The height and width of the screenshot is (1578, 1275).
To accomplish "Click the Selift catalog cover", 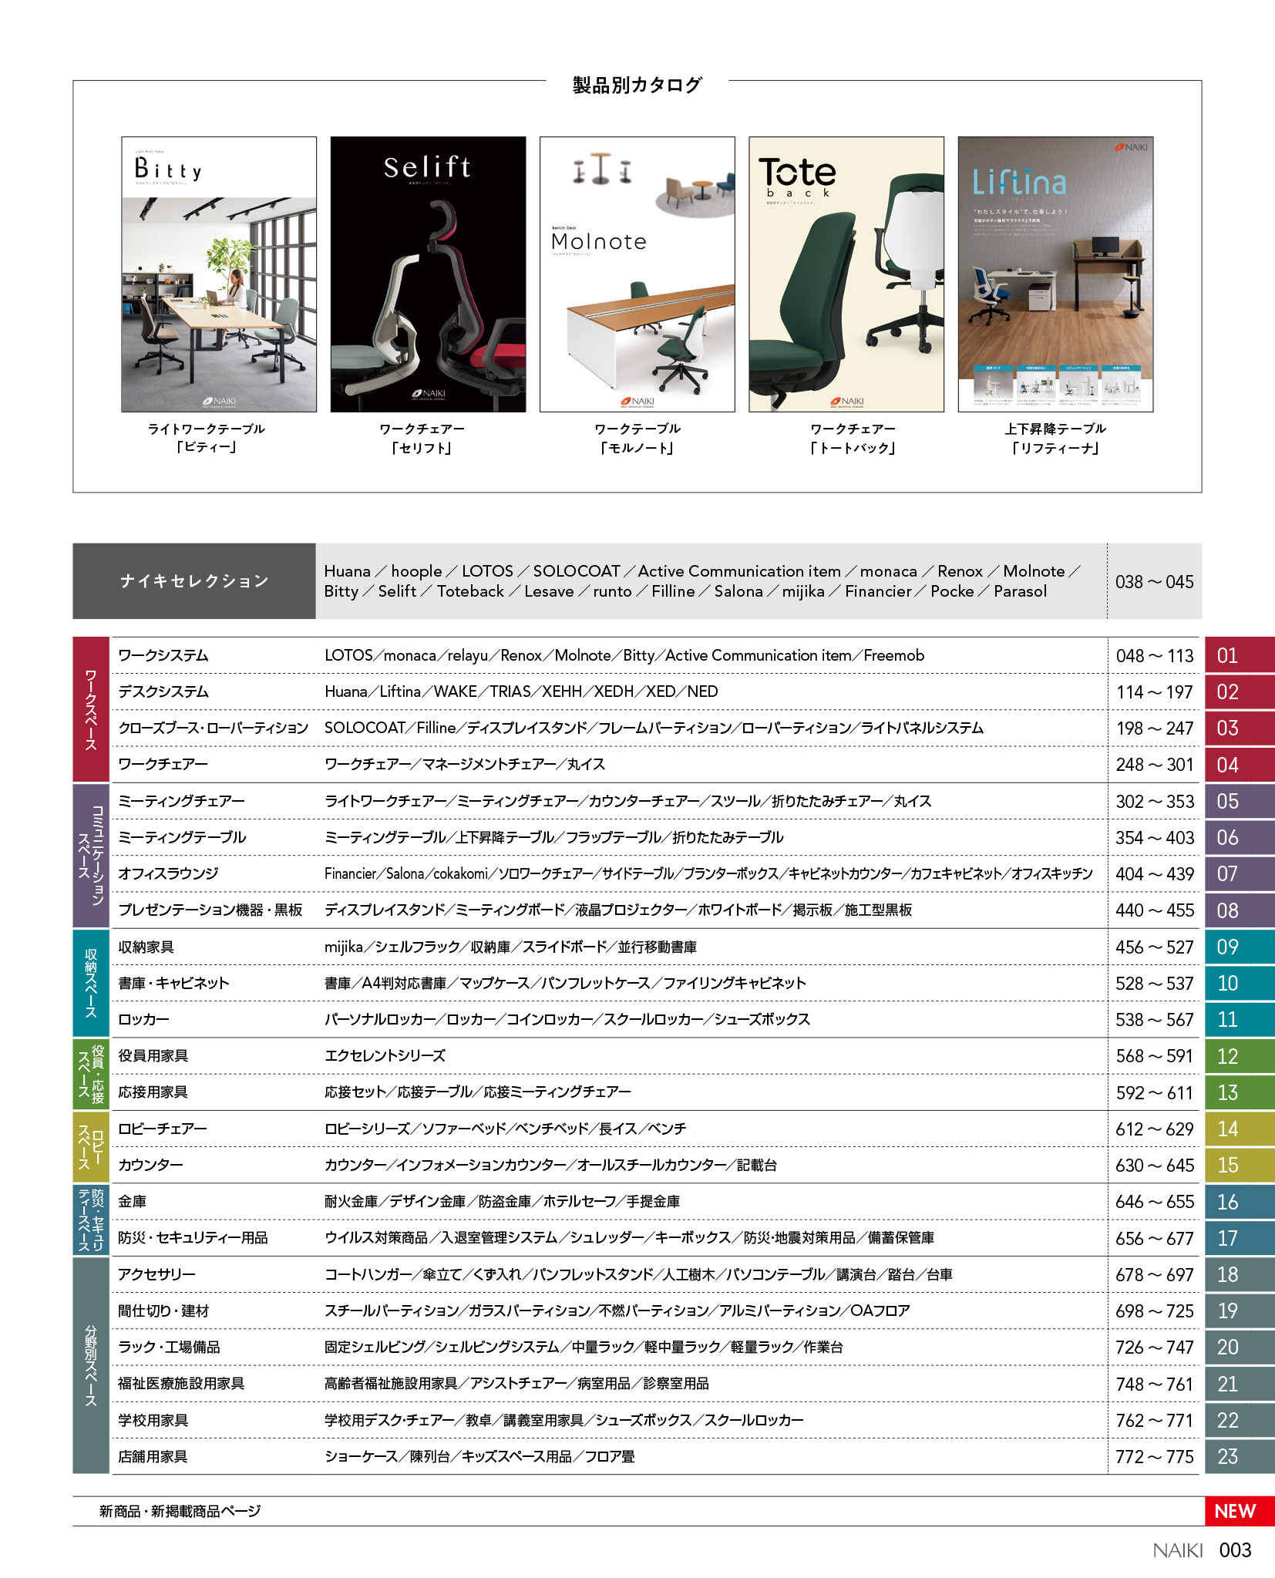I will (428, 274).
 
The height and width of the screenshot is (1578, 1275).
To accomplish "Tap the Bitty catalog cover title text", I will (168, 168).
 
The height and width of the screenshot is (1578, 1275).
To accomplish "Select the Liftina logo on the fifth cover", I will (1019, 183).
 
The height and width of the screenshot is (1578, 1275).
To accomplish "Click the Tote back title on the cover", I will (797, 176).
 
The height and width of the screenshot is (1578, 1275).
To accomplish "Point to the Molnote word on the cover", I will (599, 242).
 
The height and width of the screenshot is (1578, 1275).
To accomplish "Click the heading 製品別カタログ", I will (637, 85).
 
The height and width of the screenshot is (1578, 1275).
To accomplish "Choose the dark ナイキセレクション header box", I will (193, 580).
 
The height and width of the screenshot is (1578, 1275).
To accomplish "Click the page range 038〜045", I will (1154, 582).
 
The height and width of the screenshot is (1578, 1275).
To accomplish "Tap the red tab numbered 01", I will (1238, 655).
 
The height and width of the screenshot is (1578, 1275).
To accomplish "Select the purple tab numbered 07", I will (1238, 873).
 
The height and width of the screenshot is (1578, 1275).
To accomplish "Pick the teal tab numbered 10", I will (1238, 983).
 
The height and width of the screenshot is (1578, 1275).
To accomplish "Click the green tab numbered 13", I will (1238, 1092).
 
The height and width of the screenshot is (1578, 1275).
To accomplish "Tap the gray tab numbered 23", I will (1238, 1456).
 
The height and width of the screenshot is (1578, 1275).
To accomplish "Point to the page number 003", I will (1235, 1550).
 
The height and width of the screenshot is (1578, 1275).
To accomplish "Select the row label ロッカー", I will (143, 1019).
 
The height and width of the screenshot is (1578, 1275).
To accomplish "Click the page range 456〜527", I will (1154, 947).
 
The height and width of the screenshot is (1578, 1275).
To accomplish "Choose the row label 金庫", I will (132, 1201).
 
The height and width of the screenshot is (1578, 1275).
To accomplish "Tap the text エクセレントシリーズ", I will (385, 1055).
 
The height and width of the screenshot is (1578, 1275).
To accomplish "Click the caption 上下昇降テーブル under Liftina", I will (1055, 429).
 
